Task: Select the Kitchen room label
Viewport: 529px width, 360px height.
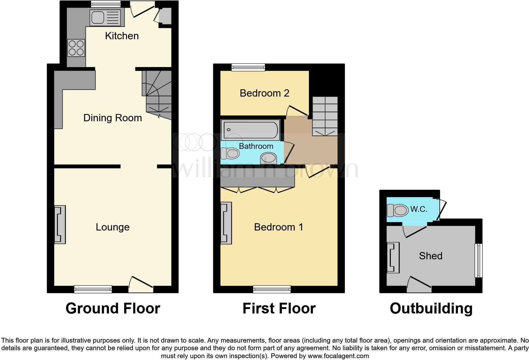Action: tap(122, 36)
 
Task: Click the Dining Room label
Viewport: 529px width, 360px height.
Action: tap(112, 118)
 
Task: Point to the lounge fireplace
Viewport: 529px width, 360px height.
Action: tap(60, 224)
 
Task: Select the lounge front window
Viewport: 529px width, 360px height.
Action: tap(93, 289)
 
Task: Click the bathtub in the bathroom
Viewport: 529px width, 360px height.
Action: tap(250, 130)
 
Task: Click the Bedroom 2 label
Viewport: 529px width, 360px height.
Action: tap(264, 93)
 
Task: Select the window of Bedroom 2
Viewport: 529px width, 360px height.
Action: tap(248, 67)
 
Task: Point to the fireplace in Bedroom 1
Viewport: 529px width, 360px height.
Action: tap(226, 223)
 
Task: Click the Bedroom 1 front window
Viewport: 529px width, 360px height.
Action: tap(272, 289)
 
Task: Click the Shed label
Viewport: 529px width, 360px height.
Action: tap(431, 256)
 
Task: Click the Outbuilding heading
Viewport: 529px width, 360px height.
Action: tap(431, 308)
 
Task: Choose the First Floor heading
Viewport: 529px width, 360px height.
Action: tap(279, 308)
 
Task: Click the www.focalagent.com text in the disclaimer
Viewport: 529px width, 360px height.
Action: tap(338, 356)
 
